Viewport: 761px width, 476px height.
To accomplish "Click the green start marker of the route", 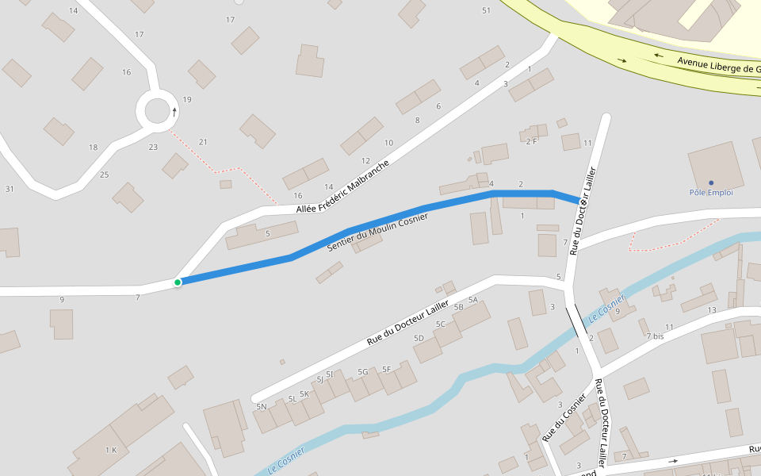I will click(178, 282).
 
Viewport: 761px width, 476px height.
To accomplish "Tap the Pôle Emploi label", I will click(711, 193).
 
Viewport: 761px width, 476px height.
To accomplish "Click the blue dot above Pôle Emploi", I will click(711, 182).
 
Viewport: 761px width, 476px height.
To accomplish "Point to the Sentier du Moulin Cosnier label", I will click(377, 232).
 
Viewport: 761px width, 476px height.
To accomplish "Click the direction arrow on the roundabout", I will click(174, 112).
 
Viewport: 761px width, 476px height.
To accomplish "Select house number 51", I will click(486, 10).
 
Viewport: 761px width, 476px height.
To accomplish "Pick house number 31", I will click(10, 189).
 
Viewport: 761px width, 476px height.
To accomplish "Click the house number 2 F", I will click(531, 141).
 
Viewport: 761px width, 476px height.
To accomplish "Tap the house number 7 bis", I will click(655, 336).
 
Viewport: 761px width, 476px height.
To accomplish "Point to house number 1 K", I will click(110, 450).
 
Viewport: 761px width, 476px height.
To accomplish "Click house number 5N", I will click(262, 406).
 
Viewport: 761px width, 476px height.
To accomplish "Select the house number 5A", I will click(473, 300).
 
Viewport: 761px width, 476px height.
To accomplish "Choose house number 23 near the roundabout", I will click(153, 147).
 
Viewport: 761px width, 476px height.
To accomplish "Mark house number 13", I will click(712, 310).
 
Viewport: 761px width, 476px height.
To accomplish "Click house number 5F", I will click(387, 369).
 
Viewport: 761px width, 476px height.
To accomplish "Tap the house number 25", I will click(104, 175).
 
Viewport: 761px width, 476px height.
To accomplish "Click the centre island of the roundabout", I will click(157, 111).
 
